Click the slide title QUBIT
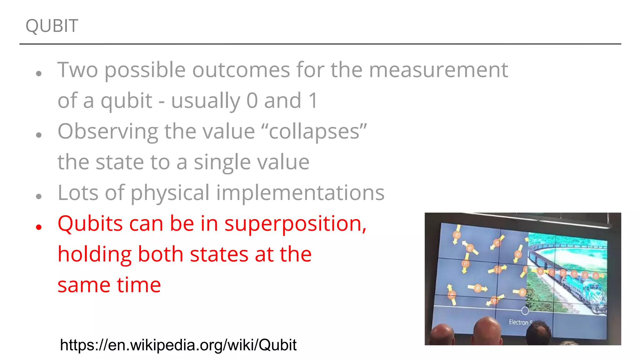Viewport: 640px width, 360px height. click(x=52, y=26)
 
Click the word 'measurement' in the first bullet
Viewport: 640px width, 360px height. click(x=438, y=70)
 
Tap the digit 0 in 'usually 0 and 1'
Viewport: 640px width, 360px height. click(x=252, y=101)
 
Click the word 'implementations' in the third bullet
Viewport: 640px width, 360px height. click(x=300, y=192)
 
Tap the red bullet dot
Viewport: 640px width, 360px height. click(x=39, y=227)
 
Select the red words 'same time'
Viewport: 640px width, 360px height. click(x=109, y=285)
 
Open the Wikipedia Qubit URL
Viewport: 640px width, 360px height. click(x=178, y=345)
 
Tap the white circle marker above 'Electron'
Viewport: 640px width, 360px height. click(x=525, y=310)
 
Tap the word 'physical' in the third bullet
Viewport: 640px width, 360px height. click(x=170, y=193)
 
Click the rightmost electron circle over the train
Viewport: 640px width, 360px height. click(x=596, y=275)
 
